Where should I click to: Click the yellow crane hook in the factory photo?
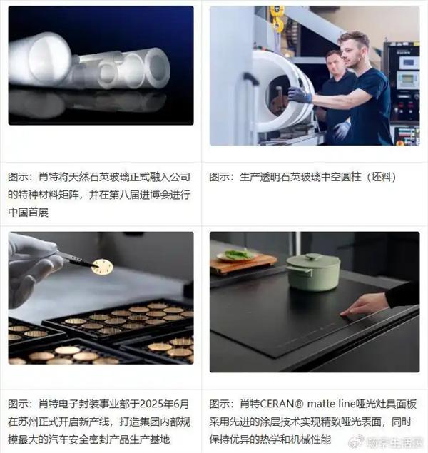[277, 19]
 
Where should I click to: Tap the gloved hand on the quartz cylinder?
[300, 95]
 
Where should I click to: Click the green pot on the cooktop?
[313, 272]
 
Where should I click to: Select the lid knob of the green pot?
[312, 256]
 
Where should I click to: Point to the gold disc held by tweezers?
[102, 266]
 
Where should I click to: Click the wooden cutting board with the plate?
[243, 263]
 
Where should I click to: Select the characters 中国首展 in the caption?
[28, 213]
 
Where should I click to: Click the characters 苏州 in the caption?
[28, 422]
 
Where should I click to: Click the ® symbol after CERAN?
[299, 404]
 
